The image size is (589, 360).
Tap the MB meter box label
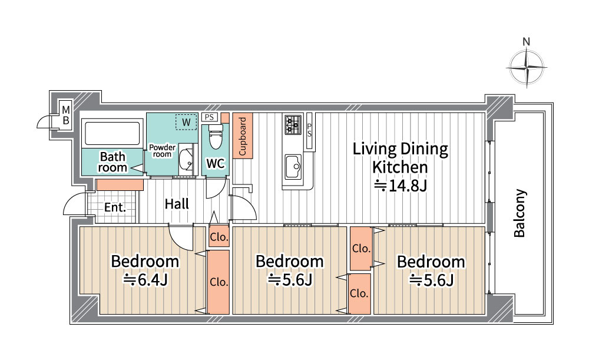coord(66,115)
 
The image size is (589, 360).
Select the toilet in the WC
coord(216,137)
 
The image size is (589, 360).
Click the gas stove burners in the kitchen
coord(293,125)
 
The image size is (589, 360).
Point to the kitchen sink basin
coord(293,167)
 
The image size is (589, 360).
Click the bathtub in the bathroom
coord(112,133)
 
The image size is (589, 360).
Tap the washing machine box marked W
coord(186,122)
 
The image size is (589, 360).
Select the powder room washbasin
coord(186,159)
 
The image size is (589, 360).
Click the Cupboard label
coord(242,136)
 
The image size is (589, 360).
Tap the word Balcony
coord(519,213)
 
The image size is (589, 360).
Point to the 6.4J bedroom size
coord(145,280)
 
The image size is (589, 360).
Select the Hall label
coord(177,204)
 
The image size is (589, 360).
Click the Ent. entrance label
coord(115,207)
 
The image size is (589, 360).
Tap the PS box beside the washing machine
coord(209,117)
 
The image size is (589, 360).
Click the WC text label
coord(216,163)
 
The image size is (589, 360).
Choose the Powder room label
coord(162,151)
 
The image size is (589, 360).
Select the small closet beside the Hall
coord(219,237)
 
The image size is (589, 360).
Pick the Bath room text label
coord(112,161)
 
